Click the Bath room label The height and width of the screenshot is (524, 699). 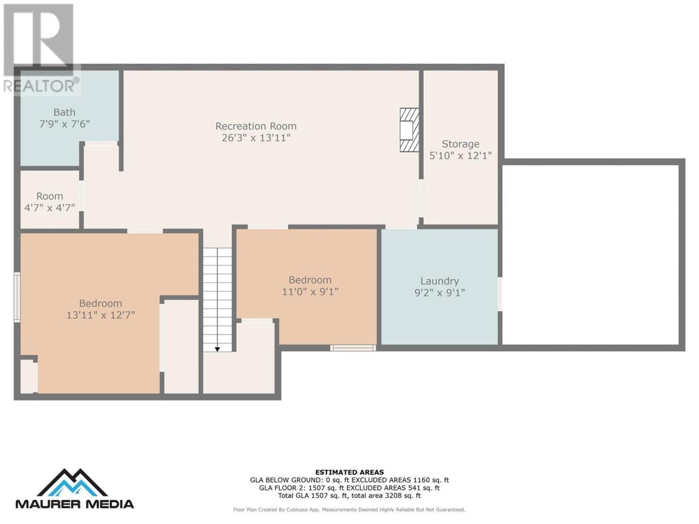(x=64, y=112)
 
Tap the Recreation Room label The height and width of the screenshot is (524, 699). (x=256, y=126)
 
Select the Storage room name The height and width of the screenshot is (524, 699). (x=460, y=144)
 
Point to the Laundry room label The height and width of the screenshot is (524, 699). (x=440, y=281)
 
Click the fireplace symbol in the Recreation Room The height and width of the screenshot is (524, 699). (x=410, y=130)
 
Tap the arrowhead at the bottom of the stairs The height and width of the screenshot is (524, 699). (x=217, y=349)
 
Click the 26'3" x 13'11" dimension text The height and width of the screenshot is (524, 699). (x=256, y=138)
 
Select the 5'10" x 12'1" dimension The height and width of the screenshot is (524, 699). (x=460, y=156)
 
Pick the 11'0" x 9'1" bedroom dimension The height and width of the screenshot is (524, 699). (x=310, y=291)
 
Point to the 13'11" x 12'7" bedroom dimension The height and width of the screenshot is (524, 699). (x=100, y=315)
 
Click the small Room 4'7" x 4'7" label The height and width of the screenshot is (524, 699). (x=50, y=202)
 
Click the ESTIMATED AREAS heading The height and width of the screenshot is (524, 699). (x=349, y=473)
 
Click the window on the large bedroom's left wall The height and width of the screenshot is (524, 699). (x=17, y=297)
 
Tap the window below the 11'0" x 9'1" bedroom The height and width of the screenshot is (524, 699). (x=353, y=348)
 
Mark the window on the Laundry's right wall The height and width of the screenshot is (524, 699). (x=500, y=294)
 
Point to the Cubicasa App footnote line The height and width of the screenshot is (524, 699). (x=349, y=510)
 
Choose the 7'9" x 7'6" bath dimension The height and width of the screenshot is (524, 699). (x=64, y=124)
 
